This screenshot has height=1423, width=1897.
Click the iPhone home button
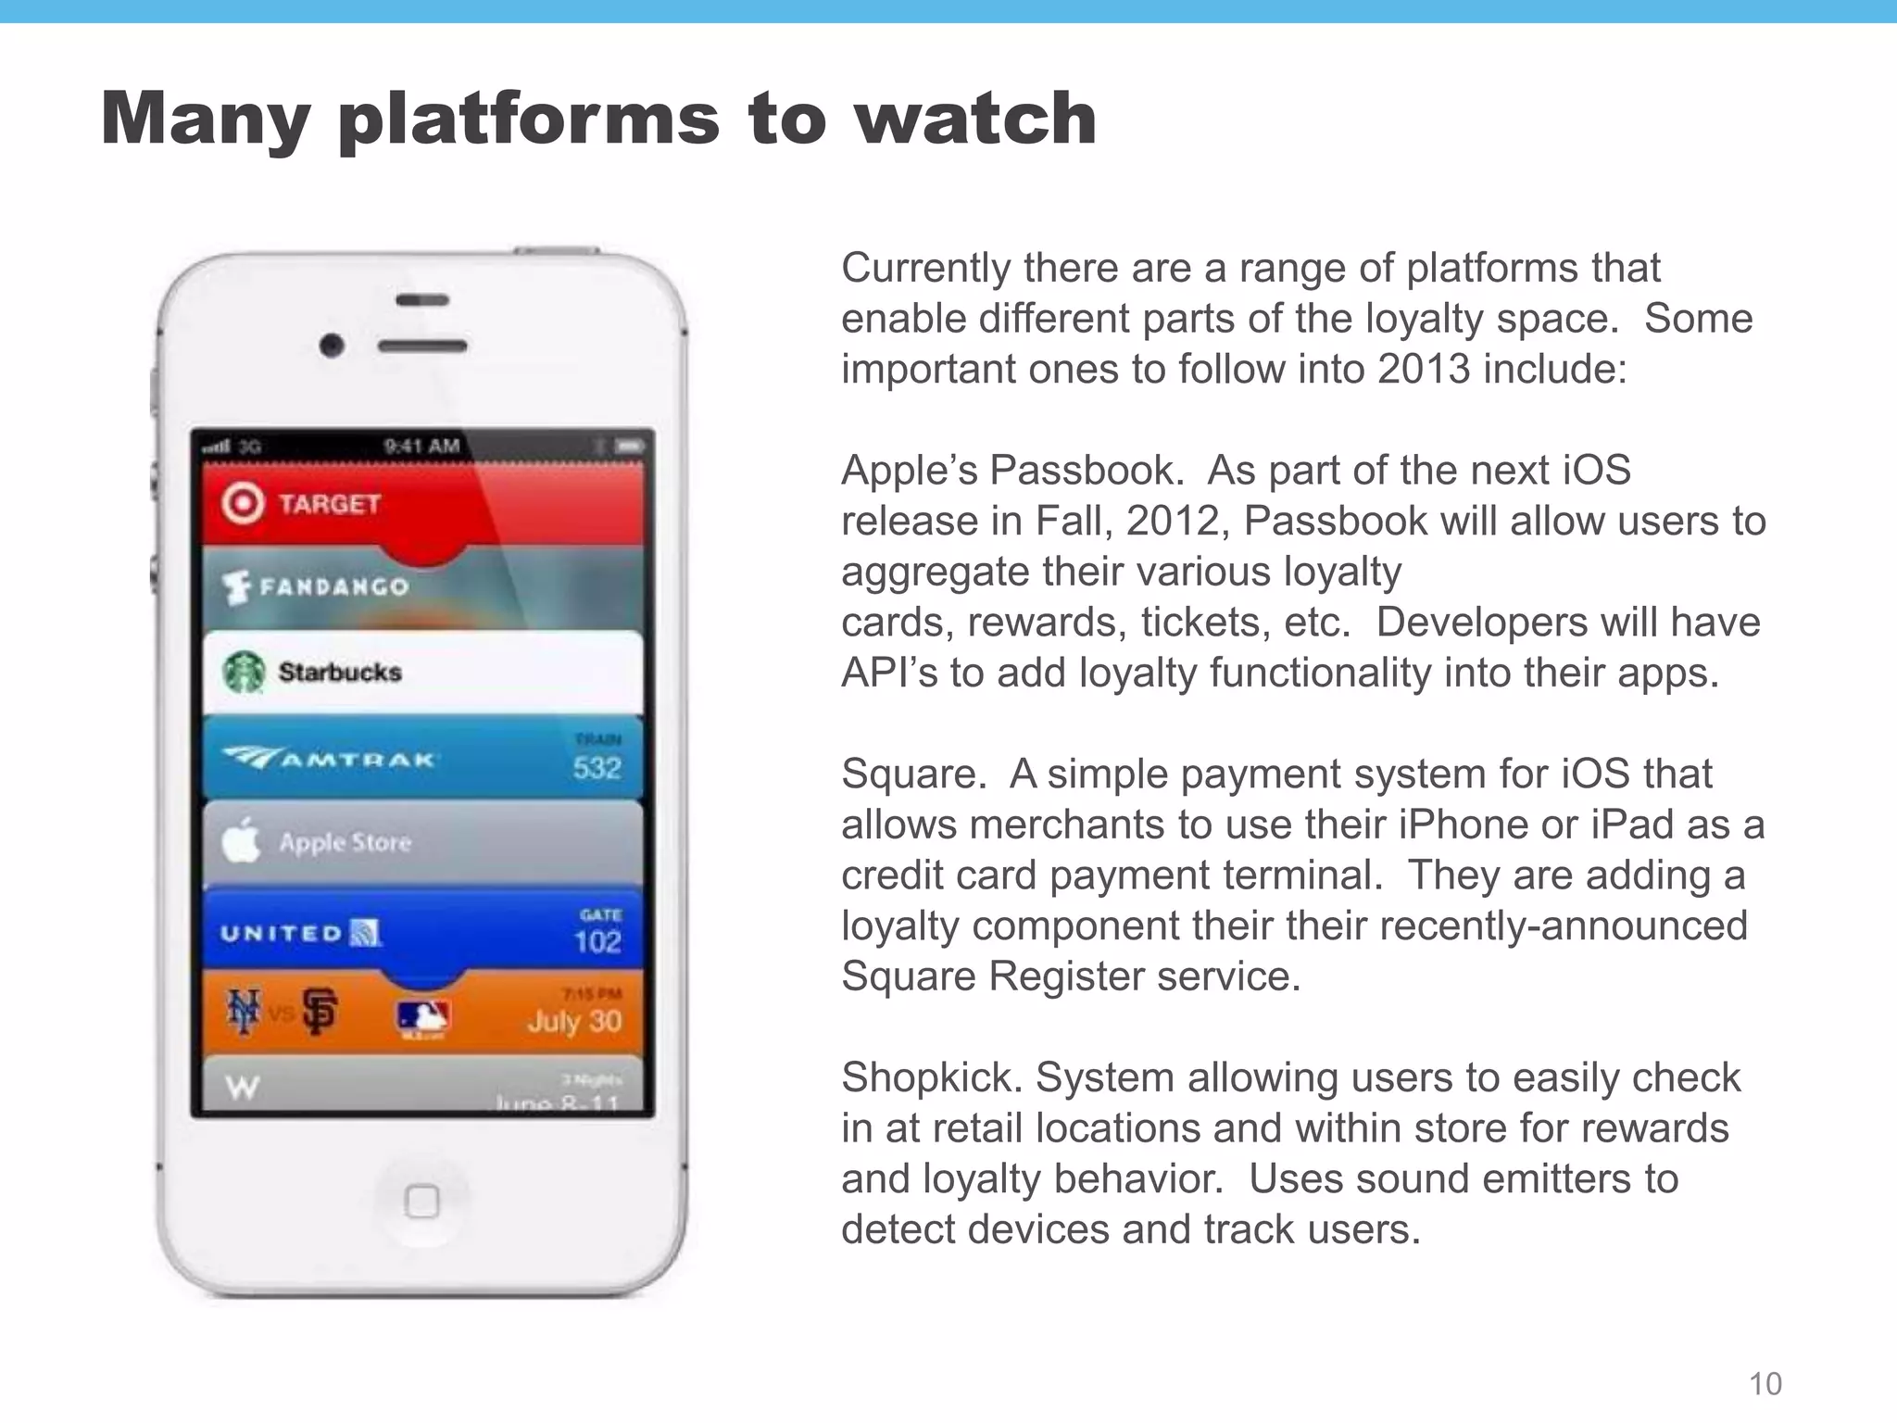click(422, 1202)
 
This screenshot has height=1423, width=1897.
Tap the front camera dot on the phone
click(332, 346)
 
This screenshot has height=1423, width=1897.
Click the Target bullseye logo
click(243, 503)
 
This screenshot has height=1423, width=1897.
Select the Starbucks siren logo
click(245, 672)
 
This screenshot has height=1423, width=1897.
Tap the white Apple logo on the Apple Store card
click(241, 840)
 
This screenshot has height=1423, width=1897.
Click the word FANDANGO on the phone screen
click(333, 586)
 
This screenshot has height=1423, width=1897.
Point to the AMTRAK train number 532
click(597, 767)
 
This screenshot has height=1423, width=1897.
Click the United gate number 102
click(597, 941)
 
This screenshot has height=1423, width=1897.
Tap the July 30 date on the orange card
click(574, 1021)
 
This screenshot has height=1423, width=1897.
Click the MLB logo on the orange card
click(422, 1018)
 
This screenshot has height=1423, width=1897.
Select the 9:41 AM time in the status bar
click(422, 446)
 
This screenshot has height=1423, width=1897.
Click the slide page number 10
click(1765, 1383)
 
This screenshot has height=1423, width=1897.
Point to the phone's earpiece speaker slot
click(422, 346)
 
